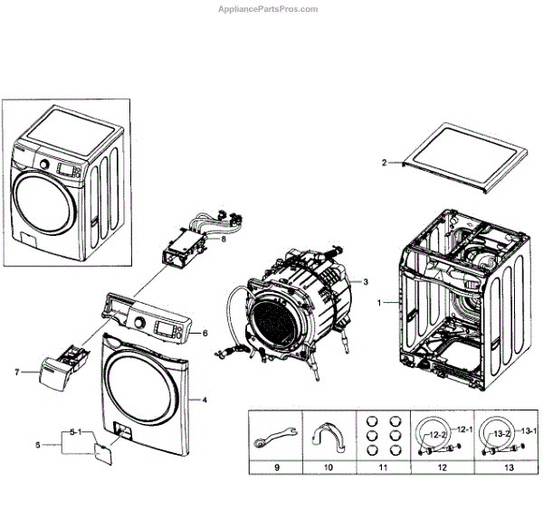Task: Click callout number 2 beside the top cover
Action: coord(384,163)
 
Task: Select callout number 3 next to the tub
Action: coord(367,281)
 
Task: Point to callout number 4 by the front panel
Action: coord(204,399)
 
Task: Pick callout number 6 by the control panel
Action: coord(205,333)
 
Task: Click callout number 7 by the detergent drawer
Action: coord(16,372)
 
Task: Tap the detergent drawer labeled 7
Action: coord(50,370)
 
